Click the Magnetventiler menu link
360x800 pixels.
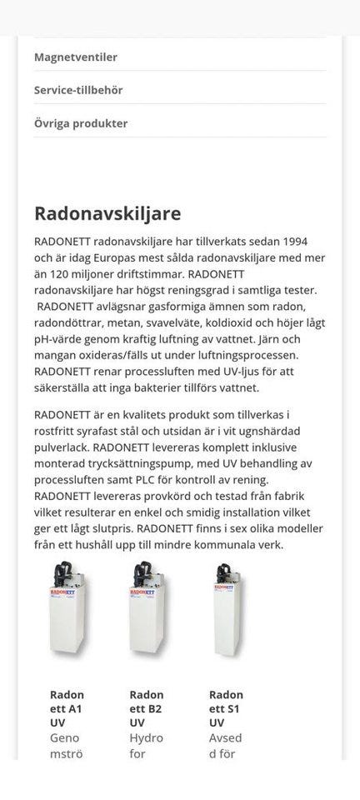point(76,57)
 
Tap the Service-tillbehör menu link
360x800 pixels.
point(81,90)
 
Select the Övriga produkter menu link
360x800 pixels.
point(81,123)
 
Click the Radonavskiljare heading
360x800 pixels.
point(107,213)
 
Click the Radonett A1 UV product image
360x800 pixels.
point(68,612)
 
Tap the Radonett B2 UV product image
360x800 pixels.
point(147,612)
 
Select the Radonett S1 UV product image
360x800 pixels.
point(226,612)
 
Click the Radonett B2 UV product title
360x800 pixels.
point(147,708)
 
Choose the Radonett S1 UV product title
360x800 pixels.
point(226,708)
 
